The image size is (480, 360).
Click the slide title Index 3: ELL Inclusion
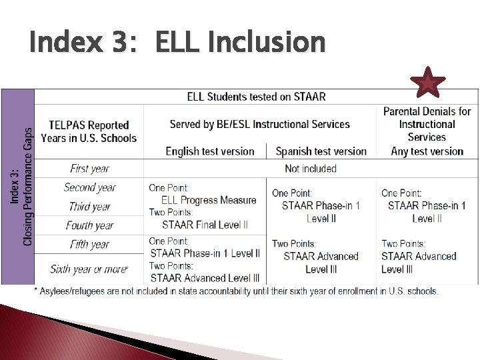(177, 43)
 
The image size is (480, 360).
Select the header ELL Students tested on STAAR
(256, 97)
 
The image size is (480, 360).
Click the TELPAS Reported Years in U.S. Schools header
(89, 131)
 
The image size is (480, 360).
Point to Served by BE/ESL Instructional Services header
(259, 124)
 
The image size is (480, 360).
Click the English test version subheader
(210, 151)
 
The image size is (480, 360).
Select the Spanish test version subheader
(321, 151)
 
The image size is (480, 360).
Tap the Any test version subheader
(427, 151)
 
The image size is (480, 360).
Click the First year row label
(89, 169)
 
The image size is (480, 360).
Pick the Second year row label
(89, 187)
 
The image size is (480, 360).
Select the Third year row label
(89, 206)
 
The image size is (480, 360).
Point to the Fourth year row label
(89, 225)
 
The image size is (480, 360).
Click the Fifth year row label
(89, 244)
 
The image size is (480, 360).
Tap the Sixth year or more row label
(89, 269)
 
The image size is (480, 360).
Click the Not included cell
(311, 169)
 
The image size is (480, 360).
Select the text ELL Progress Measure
(209, 200)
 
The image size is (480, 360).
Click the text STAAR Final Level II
(205, 225)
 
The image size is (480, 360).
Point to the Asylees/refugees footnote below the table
(236, 291)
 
